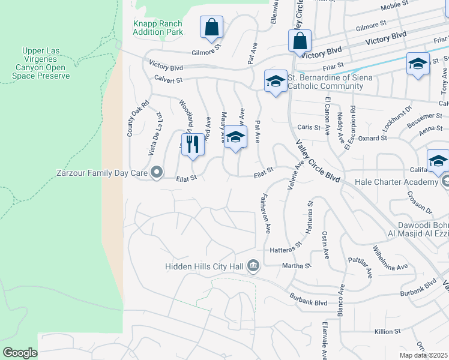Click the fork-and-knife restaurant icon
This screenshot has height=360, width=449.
click(x=192, y=145)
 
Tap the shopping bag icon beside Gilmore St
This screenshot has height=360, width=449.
click(x=211, y=28)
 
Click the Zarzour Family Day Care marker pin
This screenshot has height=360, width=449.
click(x=157, y=173)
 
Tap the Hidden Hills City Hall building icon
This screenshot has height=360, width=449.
click(x=253, y=265)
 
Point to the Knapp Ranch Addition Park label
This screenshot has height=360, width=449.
click(x=157, y=28)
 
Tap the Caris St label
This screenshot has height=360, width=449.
click(x=310, y=127)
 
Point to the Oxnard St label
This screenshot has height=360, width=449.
click(x=373, y=138)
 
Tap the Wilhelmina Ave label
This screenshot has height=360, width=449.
click(x=390, y=258)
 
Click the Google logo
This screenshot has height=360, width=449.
click(x=20, y=353)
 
